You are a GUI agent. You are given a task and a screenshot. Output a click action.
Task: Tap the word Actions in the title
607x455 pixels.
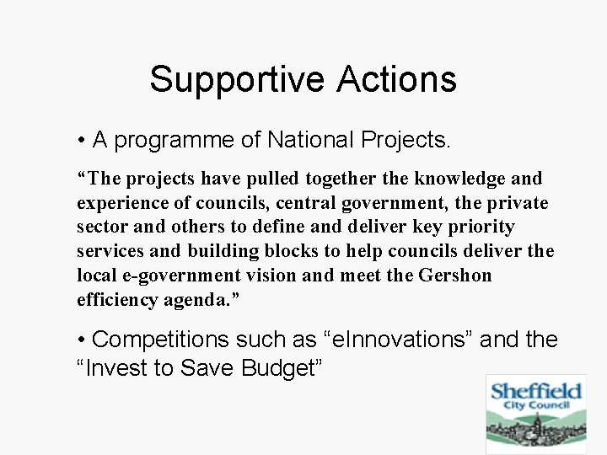[x=396, y=80]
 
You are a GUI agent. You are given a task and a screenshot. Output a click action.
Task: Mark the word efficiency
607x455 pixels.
[x=118, y=300]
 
